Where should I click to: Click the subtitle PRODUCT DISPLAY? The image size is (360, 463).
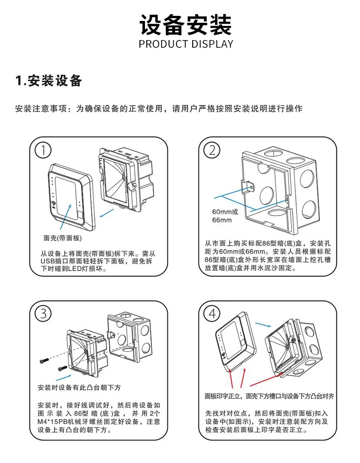[x=185, y=44]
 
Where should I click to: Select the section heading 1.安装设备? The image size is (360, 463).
[x=49, y=82]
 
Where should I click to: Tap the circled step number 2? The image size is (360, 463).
[x=212, y=150]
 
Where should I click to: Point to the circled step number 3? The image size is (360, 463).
[x=43, y=313]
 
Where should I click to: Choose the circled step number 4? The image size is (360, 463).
[x=212, y=313]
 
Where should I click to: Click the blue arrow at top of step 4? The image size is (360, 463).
[x=262, y=324]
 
